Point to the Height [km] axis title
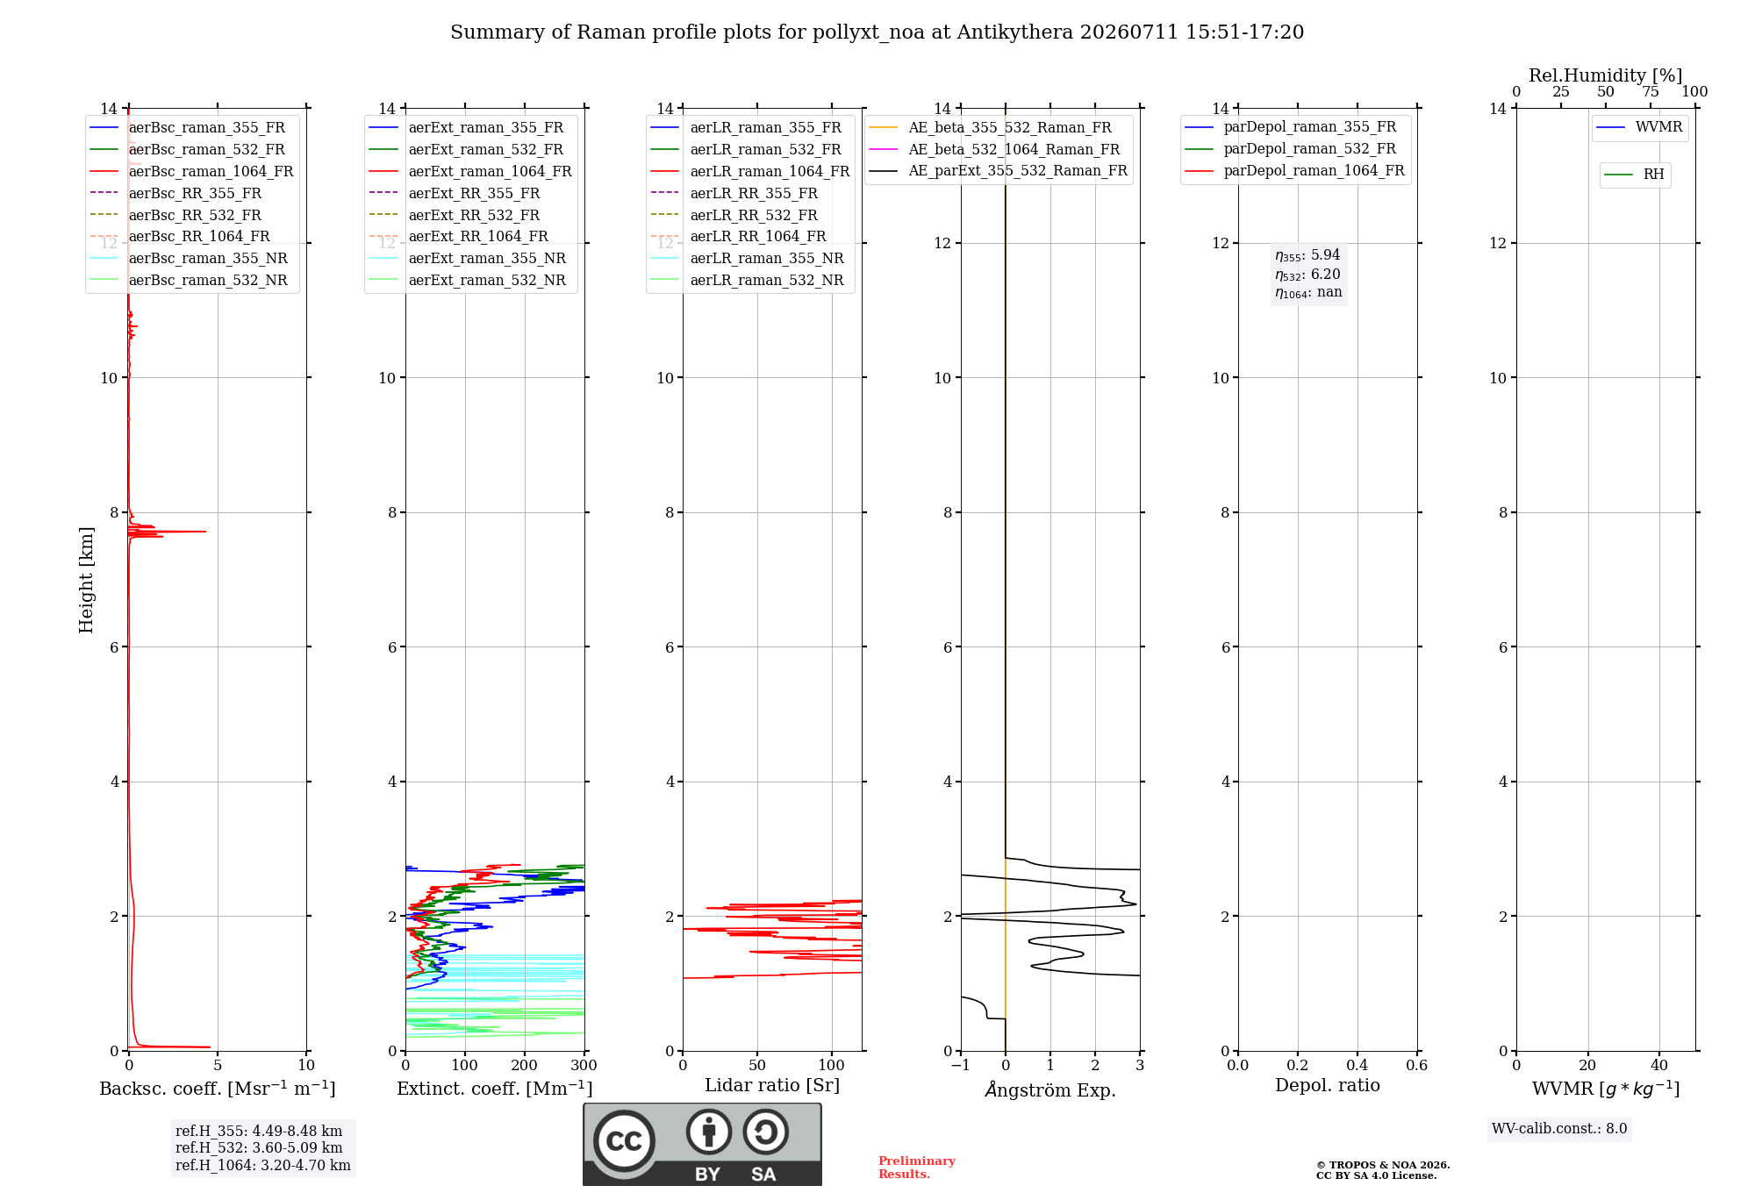(86, 580)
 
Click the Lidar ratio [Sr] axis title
(772, 1085)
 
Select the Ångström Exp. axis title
(1050, 1089)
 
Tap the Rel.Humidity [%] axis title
(1606, 75)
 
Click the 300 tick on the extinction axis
(584, 1065)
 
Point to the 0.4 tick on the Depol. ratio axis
(1357, 1065)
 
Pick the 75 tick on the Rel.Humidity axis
(1651, 91)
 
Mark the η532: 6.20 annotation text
(1307, 275)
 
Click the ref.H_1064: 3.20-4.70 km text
(263, 1165)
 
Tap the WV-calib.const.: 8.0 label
(1559, 1128)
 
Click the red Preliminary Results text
(917, 1168)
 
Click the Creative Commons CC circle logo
(624, 1141)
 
